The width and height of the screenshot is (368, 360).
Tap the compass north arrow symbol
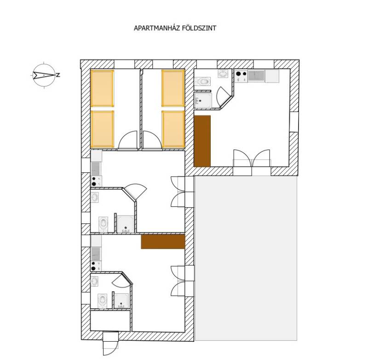pyautogui.click(x=44, y=75)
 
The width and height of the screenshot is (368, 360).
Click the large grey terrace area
pyautogui.click(x=246, y=258)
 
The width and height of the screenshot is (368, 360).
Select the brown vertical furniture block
pyautogui.click(x=202, y=141)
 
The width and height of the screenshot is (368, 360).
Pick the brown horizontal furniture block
pyautogui.click(x=163, y=241)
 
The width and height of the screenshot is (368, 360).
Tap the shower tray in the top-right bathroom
pyautogui.click(x=203, y=101)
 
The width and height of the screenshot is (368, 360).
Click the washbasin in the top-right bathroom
pyautogui.click(x=223, y=74)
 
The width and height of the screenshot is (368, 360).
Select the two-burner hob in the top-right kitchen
pyautogui.click(x=241, y=76)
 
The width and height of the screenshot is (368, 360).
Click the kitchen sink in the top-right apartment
pyautogui.click(x=256, y=76)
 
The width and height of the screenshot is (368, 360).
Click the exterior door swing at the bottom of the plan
pyautogui.click(x=110, y=347)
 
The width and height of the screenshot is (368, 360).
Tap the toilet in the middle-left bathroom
pyautogui.click(x=103, y=224)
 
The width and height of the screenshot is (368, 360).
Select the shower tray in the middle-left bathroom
pyautogui.click(x=126, y=224)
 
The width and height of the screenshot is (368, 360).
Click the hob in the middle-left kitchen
pyautogui.click(x=96, y=181)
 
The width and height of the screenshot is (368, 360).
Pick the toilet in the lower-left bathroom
pyautogui.click(x=103, y=301)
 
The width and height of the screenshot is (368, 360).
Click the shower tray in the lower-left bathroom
pyautogui.click(x=121, y=301)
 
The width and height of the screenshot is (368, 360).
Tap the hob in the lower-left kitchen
pyautogui.click(x=96, y=266)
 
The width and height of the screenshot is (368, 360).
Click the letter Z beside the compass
pyautogui.click(x=58, y=75)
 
